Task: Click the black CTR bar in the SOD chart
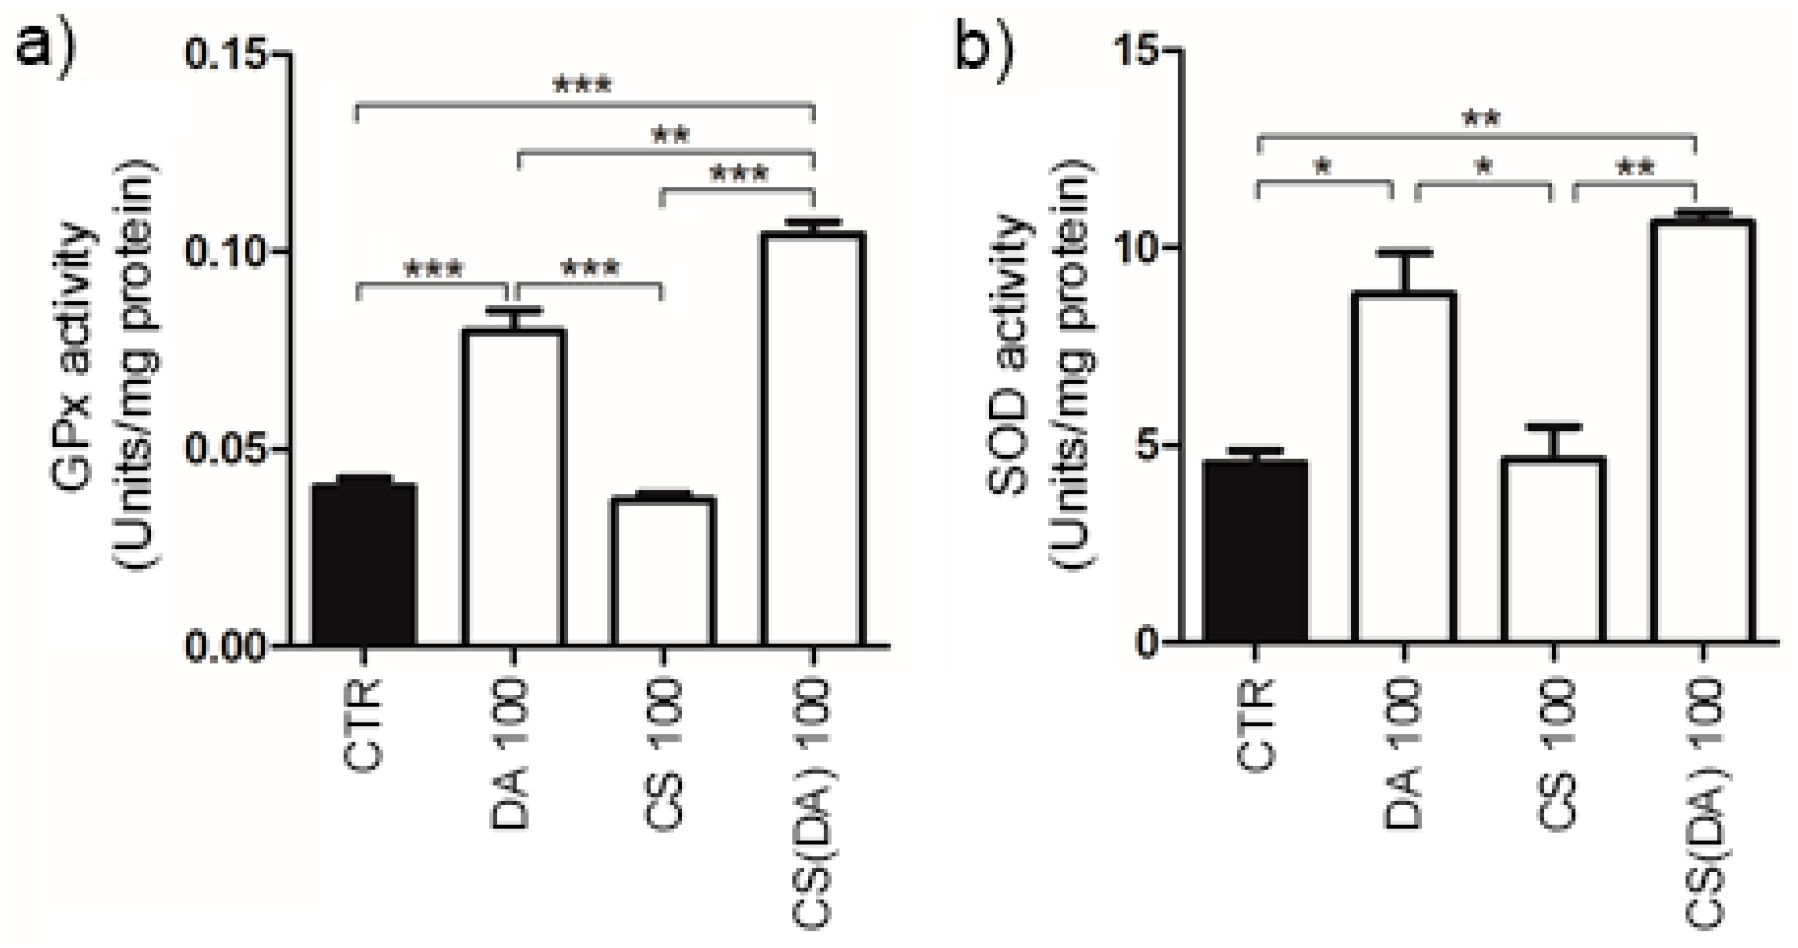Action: click(1255, 551)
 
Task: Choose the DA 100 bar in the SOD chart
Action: click(1404, 468)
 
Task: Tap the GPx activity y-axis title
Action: click(105, 363)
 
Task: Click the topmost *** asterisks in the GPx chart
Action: click(582, 86)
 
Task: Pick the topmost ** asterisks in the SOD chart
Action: click(1480, 119)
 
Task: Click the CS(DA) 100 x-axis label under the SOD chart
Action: click(1704, 803)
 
